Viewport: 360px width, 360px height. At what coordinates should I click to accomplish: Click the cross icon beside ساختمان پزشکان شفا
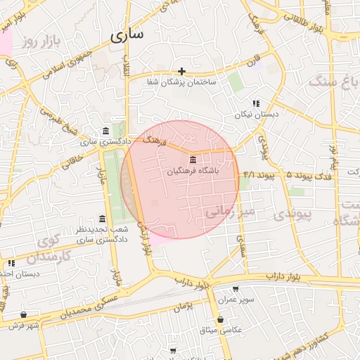(182, 71)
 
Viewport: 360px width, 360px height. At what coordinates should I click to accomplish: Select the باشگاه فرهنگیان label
(193, 172)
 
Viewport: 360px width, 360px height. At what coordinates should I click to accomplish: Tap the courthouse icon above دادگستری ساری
(105, 131)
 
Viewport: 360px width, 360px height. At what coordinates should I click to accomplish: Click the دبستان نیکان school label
(257, 113)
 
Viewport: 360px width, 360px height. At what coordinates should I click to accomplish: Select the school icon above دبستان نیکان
(256, 103)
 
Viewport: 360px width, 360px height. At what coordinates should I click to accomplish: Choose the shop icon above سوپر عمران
(235, 289)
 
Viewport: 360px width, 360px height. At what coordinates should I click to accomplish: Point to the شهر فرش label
(25, 326)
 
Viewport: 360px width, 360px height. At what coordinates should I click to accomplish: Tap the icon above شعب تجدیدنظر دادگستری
(103, 219)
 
